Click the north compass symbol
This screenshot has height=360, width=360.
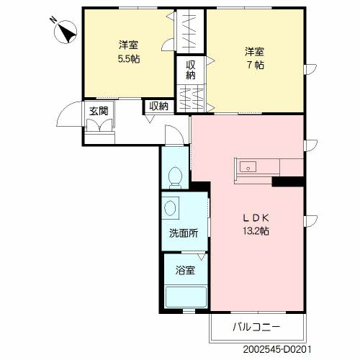tap(66, 32)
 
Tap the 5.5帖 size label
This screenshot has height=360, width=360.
tap(129, 59)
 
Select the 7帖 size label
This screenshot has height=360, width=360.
tap(256, 66)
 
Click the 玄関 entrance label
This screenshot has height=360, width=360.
tap(99, 111)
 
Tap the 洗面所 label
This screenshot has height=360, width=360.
tap(184, 233)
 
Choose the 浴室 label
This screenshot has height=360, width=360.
tap(185, 271)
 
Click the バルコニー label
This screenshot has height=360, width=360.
tap(256, 327)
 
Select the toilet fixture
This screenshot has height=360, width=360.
tap(175, 178)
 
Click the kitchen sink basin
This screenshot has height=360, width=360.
tap(248, 166)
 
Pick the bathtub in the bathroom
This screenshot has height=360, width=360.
tap(186, 297)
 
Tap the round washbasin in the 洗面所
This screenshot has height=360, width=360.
tap(170, 208)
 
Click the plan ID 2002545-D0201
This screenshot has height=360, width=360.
tap(277, 349)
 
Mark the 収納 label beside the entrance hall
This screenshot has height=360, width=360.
tap(158, 106)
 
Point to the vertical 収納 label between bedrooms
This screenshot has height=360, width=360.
tap(191, 70)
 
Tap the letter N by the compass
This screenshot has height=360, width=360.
tap(53, 20)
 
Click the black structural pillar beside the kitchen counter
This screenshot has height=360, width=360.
tap(288, 181)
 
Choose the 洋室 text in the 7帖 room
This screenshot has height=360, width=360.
tap(254, 52)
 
